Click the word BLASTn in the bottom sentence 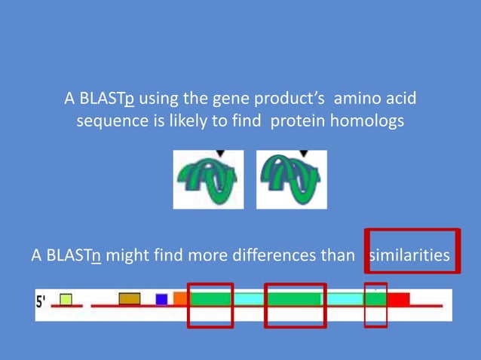pos(74,255)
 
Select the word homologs pos(371,122)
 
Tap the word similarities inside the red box pos(409,255)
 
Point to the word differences pos(268,255)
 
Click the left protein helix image pos(208,180)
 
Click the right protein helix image pos(291,180)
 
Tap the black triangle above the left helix pos(220,154)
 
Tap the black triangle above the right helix pos(303,154)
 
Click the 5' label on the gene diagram pos(42,301)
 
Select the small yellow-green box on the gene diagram pos(66,299)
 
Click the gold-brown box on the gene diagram pos(129,298)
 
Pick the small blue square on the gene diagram pos(161,299)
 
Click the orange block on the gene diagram pos(180,298)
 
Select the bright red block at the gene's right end pos(398,299)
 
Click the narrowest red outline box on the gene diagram pos(375,306)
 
